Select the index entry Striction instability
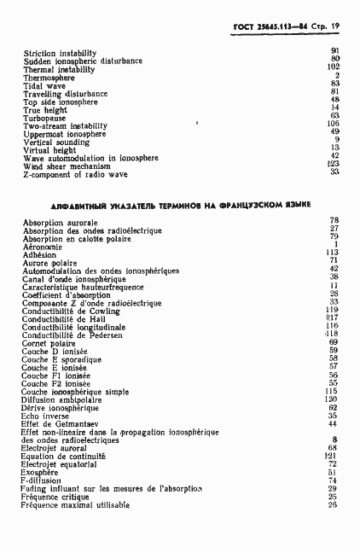pos(59,53)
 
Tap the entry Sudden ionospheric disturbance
pos(83,61)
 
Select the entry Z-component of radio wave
pos(75,173)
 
